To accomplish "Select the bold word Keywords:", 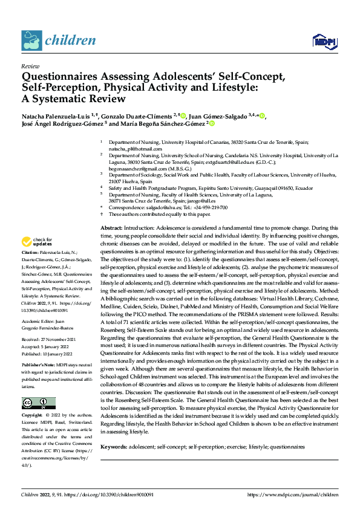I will [114, 446].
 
